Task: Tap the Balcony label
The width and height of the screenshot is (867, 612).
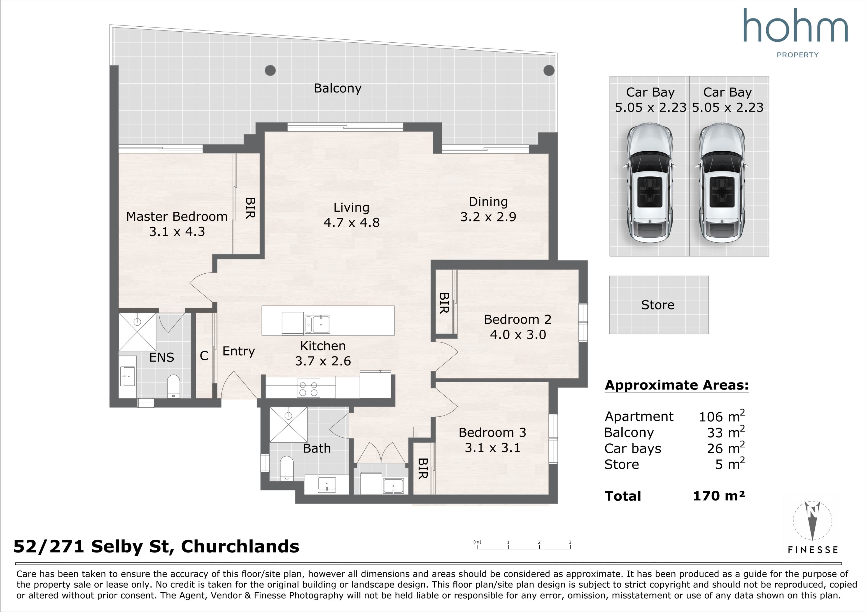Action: (338, 88)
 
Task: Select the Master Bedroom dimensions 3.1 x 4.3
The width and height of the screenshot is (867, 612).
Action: (177, 231)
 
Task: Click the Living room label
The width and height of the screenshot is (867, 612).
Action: (351, 208)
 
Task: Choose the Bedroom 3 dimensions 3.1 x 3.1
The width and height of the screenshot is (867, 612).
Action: (492, 448)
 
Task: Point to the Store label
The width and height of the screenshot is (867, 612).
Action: (657, 305)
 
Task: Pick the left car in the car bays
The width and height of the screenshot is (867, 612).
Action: (650, 183)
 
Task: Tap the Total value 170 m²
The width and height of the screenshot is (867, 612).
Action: (719, 496)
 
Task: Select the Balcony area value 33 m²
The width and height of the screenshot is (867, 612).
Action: (726, 432)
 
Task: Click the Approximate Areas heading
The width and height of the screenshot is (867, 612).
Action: (677, 385)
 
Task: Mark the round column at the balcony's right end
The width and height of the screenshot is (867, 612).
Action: (549, 70)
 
